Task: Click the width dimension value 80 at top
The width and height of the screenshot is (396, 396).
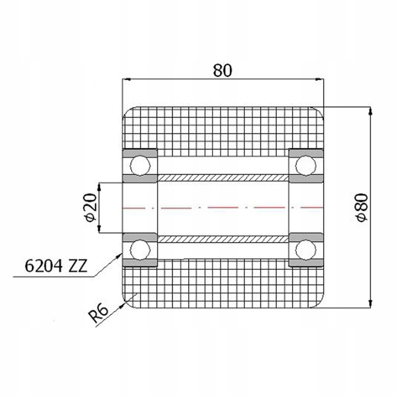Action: click(222, 70)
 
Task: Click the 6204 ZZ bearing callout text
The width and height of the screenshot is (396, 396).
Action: click(56, 267)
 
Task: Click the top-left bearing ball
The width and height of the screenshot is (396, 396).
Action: click(140, 165)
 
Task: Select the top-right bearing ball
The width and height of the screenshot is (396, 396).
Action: click(305, 165)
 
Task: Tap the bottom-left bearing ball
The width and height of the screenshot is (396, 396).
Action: click(140, 249)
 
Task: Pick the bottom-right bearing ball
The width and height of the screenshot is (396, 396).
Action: click(305, 249)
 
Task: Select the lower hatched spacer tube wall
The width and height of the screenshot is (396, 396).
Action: click(223, 239)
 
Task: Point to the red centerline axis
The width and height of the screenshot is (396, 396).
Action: click(223, 207)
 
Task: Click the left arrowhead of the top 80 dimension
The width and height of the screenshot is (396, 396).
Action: click(126, 79)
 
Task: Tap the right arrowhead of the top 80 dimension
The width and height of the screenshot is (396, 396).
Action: click(319, 79)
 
